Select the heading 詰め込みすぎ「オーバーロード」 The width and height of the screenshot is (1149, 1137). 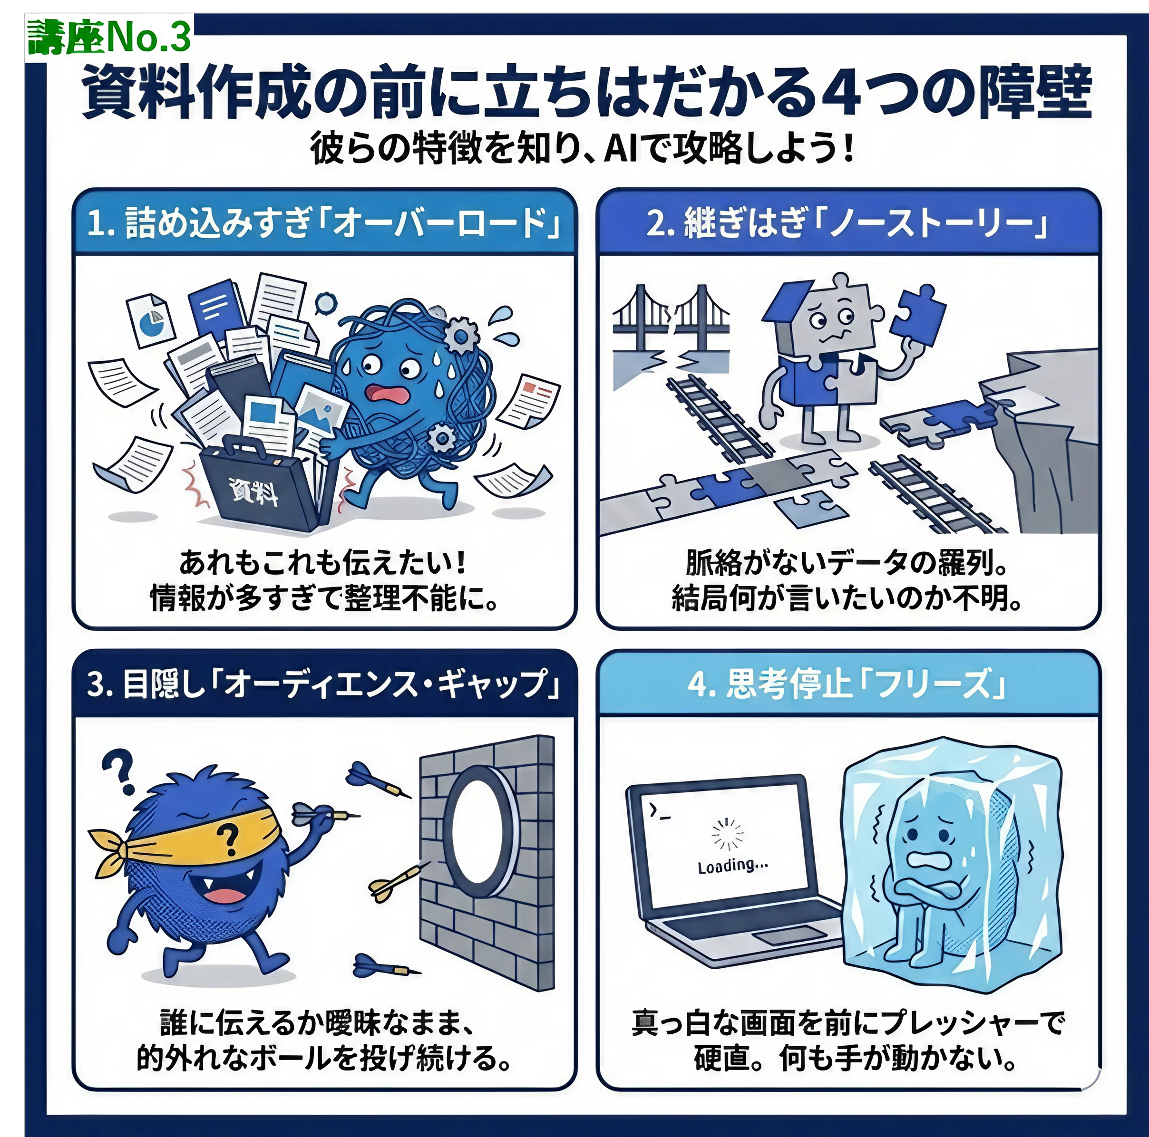coord(342,223)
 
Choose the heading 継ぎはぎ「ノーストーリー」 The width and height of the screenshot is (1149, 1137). coord(866,223)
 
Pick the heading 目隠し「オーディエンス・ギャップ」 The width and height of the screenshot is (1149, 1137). coord(341,683)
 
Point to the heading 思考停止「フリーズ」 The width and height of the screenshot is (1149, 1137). coord(866,683)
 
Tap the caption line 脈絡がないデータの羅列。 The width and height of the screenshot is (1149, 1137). coord(847,562)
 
